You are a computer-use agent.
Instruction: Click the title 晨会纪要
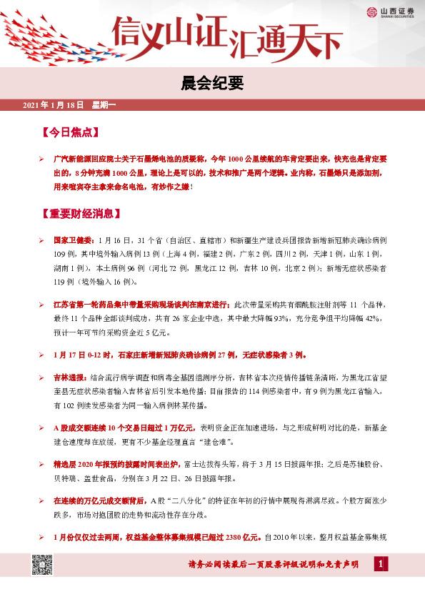[x=212, y=83]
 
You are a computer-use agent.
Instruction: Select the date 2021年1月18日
[x=54, y=105]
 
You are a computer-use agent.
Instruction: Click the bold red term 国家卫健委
[x=74, y=240]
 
